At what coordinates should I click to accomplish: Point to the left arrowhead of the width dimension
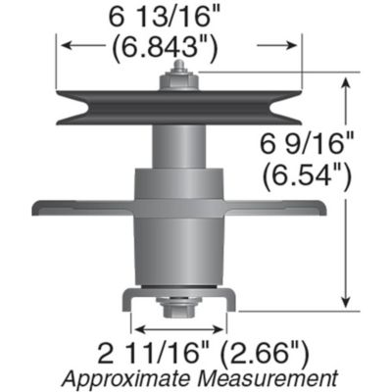tap(62, 44)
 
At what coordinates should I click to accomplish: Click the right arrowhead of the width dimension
tap(293, 44)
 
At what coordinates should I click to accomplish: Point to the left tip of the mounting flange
tap(36, 208)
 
